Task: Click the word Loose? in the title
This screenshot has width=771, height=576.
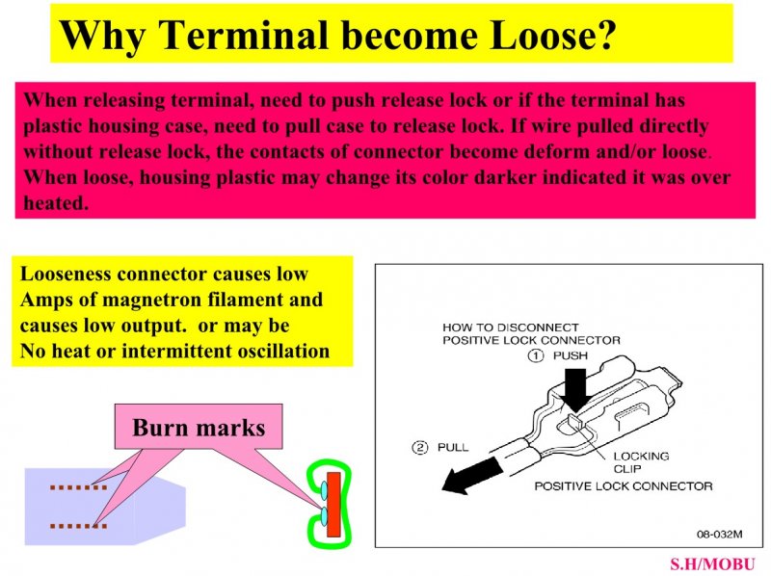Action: tap(552, 35)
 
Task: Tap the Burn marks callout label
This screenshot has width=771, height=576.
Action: tap(199, 427)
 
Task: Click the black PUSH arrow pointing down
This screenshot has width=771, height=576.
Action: tap(575, 390)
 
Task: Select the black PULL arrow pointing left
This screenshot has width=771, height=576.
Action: tap(472, 475)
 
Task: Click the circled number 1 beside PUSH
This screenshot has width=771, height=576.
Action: tap(536, 355)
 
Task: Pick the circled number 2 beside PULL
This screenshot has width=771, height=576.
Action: tap(419, 447)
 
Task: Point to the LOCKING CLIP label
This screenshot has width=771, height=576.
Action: tap(641, 462)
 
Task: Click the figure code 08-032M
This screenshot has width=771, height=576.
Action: tap(719, 535)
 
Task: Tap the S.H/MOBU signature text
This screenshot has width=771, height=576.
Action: tap(712, 564)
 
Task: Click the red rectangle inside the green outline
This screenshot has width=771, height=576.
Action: tap(333, 505)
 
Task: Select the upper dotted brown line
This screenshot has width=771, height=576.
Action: tap(79, 487)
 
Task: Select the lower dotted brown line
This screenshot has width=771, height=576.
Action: tap(79, 526)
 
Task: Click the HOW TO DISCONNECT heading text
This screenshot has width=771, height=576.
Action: tap(511, 327)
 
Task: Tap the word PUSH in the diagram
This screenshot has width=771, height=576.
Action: tap(571, 355)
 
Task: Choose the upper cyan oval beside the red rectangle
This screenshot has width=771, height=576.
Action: tap(324, 490)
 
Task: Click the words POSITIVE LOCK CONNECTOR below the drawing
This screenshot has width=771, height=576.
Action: tap(624, 486)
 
